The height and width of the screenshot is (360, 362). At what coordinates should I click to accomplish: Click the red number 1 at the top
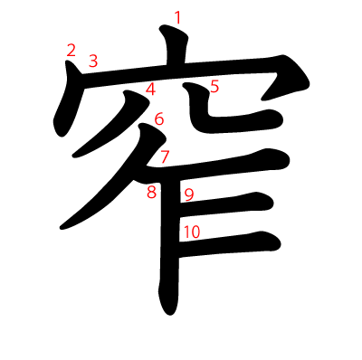[177, 16]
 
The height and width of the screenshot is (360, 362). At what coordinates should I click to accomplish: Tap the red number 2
[71, 50]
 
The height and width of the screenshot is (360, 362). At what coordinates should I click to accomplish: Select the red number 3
[92, 62]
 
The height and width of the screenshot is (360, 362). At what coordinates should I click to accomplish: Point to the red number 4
[150, 89]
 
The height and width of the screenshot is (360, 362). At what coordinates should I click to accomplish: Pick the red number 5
[214, 87]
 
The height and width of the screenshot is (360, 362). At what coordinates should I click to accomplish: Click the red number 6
[159, 118]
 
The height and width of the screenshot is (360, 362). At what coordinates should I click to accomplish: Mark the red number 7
[165, 156]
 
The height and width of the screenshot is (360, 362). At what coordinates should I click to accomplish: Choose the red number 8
[151, 191]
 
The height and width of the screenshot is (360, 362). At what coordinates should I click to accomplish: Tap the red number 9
[188, 194]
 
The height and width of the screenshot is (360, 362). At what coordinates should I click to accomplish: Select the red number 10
[190, 232]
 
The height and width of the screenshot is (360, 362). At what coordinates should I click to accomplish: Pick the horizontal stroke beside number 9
[231, 201]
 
